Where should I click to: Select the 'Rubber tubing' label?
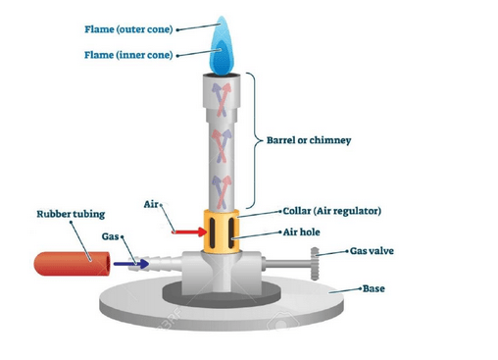[68, 213]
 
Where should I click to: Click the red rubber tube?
[66, 263]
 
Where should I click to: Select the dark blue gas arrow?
[124, 263]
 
